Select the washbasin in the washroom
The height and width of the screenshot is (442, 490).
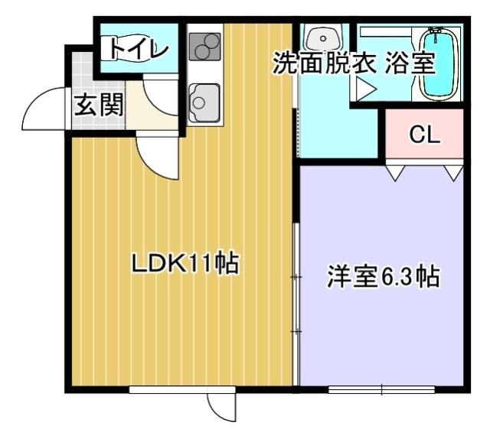pyautogui.click(x=325, y=37)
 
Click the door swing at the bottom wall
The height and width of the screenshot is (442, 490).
pyautogui.click(x=220, y=409)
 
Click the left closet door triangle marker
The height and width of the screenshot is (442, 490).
pyautogui.click(x=396, y=174)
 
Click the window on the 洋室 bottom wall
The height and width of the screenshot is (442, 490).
pyautogui.click(x=381, y=389)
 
